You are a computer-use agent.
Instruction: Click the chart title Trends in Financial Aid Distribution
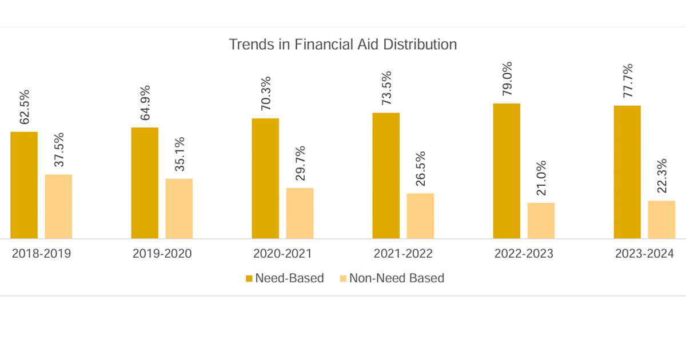pyautogui.click(x=343, y=45)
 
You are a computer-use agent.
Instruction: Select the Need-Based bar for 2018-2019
pyautogui.click(x=24, y=185)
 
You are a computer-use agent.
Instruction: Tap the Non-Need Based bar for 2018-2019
pyautogui.click(x=58, y=206)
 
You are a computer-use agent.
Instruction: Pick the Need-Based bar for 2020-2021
pyautogui.click(x=265, y=178)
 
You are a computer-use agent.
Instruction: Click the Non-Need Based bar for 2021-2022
pyautogui.click(x=420, y=216)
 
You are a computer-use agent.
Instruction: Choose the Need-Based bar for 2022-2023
pyautogui.click(x=506, y=171)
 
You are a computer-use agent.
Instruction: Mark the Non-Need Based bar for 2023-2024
pyautogui.click(x=661, y=219)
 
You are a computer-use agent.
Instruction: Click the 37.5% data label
pyautogui.click(x=59, y=150)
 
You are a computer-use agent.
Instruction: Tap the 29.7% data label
pyautogui.click(x=300, y=163)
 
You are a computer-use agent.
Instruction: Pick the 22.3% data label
pyautogui.click(x=661, y=177)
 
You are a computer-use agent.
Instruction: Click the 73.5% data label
pyautogui.click(x=386, y=88)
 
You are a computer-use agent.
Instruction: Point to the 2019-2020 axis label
pyautogui.click(x=162, y=254)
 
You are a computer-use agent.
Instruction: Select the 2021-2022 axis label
pyautogui.click(x=403, y=254)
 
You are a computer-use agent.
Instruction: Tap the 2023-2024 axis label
pyautogui.click(x=644, y=254)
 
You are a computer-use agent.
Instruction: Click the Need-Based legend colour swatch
pyautogui.click(x=249, y=279)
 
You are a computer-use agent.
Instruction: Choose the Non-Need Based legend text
pyautogui.click(x=397, y=279)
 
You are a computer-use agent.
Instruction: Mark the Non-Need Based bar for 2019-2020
pyautogui.click(x=179, y=209)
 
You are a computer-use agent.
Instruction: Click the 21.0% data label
pyautogui.click(x=541, y=178)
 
